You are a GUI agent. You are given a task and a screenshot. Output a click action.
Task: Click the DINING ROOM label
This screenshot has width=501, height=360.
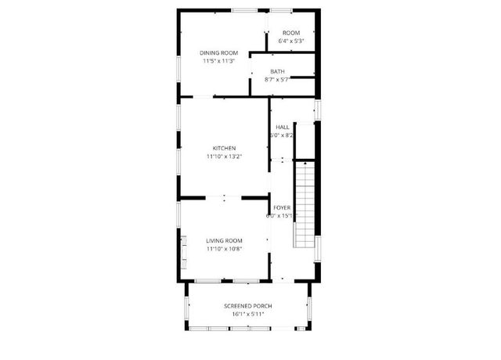tap(218, 52)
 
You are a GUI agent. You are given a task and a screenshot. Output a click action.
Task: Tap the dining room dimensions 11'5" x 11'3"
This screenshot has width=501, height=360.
tap(218, 61)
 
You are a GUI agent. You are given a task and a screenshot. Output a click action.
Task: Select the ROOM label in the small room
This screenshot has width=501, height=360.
tap(290, 33)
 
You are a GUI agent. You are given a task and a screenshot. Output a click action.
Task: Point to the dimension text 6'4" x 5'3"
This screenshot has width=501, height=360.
tap(290, 41)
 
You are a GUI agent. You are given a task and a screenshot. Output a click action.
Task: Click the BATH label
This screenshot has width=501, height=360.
tap(277, 71)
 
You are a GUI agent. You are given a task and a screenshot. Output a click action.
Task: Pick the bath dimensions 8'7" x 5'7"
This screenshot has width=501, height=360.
tap(277, 79)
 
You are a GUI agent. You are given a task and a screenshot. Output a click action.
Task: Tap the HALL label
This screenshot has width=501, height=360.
tap(283, 127)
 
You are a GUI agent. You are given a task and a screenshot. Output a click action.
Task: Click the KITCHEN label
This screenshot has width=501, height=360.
tap(224, 148)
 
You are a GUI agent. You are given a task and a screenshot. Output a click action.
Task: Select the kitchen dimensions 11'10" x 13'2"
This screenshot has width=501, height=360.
tap(224, 157)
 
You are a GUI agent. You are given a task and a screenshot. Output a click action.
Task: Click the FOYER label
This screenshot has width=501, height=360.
tap(282, 207)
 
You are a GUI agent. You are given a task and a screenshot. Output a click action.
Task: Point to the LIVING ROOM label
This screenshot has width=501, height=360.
tap(224, 240)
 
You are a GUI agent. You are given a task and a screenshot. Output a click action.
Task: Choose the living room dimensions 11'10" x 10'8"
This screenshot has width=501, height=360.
tap(224, 249)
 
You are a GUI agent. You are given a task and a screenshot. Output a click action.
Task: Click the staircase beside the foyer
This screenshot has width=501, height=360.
tap(305, 203)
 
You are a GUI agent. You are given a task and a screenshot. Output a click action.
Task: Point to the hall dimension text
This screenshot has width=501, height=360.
tap(283, 135)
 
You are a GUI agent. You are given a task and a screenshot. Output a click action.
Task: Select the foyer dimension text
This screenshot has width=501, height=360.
tap(282, 216)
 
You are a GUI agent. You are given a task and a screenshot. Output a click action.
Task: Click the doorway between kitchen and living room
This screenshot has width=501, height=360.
tap(224, 198)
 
